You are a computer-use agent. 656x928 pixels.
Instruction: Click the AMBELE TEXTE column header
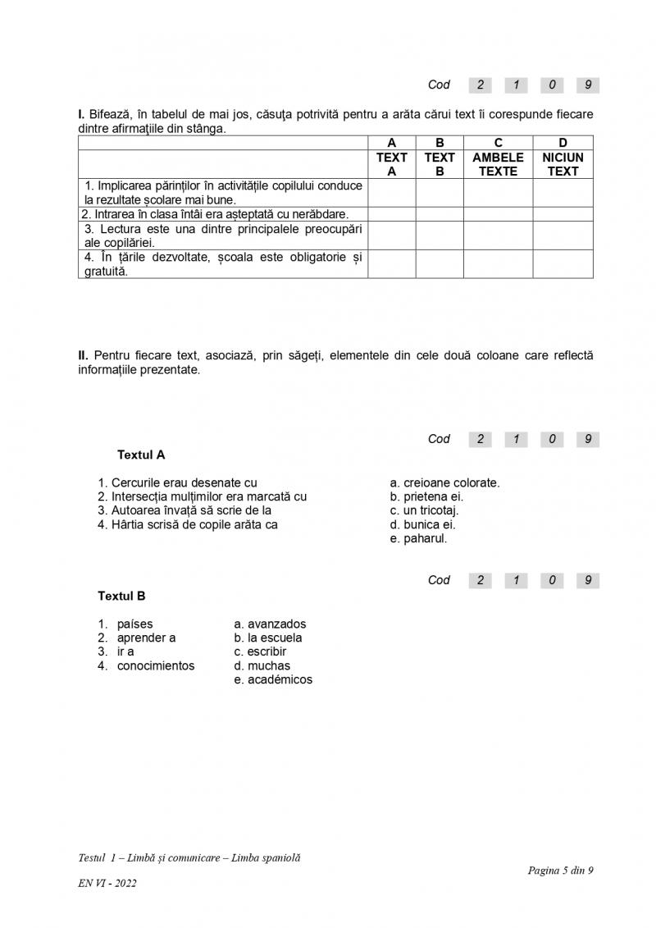tap(498, 164)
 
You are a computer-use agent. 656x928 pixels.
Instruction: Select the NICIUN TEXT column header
tap(563, 164)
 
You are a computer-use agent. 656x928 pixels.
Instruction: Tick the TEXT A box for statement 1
tap(391, 193)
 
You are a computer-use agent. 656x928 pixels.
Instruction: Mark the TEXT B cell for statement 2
tap(440, 214)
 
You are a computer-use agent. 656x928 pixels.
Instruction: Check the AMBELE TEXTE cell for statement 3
tap(498, 235)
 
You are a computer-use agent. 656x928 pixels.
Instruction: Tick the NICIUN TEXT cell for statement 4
tap(563, 264)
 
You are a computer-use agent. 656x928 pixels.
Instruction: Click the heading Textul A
tap(141, 455)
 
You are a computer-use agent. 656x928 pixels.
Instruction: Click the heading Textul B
tap(121, 596)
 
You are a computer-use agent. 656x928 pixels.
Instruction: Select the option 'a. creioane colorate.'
tap(444, 482)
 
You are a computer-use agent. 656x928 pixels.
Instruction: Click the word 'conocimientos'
tap(156, 665)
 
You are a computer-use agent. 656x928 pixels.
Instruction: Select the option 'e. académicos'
tap(273, 679)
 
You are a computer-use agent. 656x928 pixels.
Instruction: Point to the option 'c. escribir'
tap(260, 651)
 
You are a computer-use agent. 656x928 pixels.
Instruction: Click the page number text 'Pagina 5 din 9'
tap(560, 871)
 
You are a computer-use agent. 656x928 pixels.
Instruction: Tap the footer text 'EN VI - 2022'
tap(107, 883)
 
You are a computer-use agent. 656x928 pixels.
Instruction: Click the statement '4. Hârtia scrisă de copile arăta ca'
tap(188, 524)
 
